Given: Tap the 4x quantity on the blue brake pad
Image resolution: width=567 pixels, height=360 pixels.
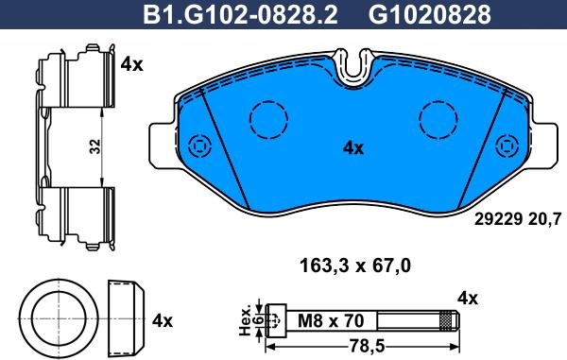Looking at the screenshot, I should click(x=352, y=147).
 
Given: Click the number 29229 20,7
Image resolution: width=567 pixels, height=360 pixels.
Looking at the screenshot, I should click(x=516, y=219).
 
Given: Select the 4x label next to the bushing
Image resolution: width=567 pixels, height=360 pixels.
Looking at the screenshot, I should click(x=163, y=320).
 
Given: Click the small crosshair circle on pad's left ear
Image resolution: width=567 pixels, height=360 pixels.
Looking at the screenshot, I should click(x=198, y=146).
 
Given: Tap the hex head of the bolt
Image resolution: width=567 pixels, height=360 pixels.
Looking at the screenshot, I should click(x=277, y=322).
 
